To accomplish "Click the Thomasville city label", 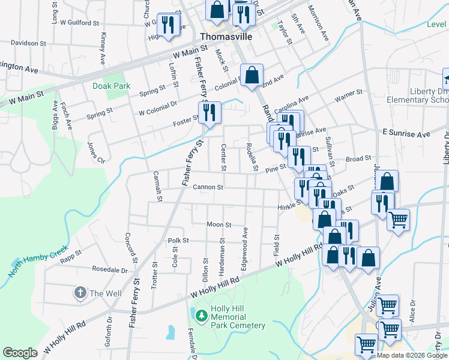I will pyautogui.click(x=224, y=36).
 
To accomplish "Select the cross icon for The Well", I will pyautogui.click(x=80, y=293).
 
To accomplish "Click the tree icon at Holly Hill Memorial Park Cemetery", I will pyautogui.click(x=201, y=314).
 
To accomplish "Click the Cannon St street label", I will pyautogui.click(x=208, y=187).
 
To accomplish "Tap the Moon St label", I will pyautogui.click(x=219, y=224).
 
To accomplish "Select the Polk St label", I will pyautogui.click(x=178, y=240).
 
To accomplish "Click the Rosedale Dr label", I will pyautogui.click(x=109, y=269).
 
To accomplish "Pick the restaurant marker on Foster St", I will pyautogui.click(x=209, y=112).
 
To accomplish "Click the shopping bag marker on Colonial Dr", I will pyautogui.click(x=253, y=76).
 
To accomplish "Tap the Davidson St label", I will pyautogui.click(x=28, y=43).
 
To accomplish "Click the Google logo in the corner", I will pyautogui.click(x=20, y=352).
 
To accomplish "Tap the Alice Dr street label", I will pyautogui.click(x=412, y=316).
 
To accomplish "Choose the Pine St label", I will pyautogui.click(x=276, y=169).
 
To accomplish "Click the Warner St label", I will pyautogui.click(x=349, y=94).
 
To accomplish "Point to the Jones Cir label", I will pyautogui.click(x=96, y=152).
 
